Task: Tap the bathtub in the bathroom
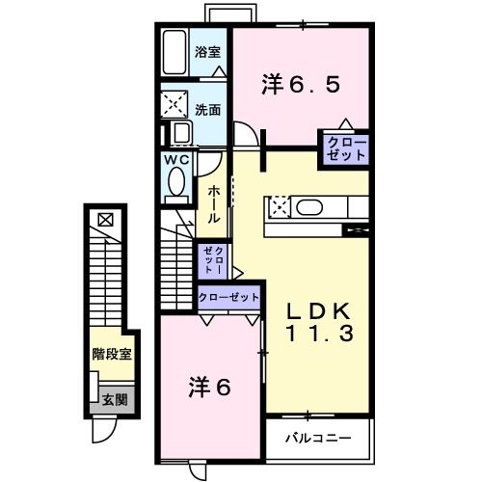[x=176, y=52]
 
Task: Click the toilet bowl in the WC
[x=177, y=180]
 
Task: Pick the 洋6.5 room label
[x=300, y=85]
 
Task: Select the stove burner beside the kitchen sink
[x=279, y=205]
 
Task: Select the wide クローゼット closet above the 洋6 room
[x=228, y=298]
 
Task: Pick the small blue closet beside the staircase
[x=213, y=260]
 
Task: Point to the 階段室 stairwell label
[x=112, y=354]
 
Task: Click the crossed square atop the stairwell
[x=105, y=219]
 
